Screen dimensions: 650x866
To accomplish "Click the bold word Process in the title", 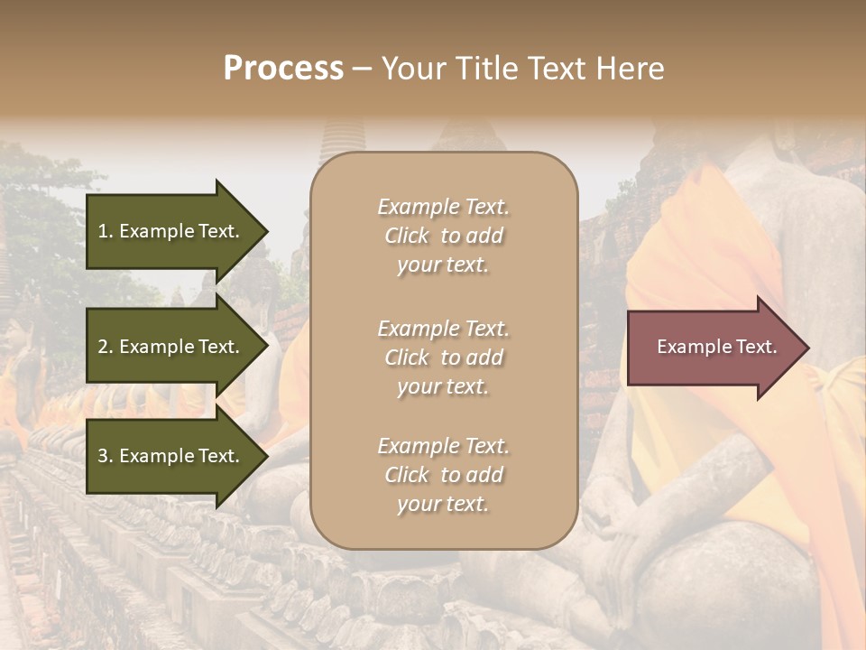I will (x=283, y=69).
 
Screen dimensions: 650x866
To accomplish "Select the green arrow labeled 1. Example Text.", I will (x=171, y=231).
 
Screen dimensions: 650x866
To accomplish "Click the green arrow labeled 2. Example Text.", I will (x=171, y=347).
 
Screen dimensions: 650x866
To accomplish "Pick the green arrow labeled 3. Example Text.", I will (x=171, y=456).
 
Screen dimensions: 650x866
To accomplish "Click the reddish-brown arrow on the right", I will (x=713, y=348).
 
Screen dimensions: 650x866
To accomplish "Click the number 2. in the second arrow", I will (x=106, y=347).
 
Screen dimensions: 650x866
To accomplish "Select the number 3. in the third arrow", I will (x=106, y=456).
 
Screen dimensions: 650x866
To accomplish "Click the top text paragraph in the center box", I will (x=443, y=236).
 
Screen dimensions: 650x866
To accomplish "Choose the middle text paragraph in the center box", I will (x=443, y=357).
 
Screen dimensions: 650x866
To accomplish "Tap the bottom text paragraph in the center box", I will (x=443, y=475).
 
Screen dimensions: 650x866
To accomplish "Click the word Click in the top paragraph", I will (x=407, y=236).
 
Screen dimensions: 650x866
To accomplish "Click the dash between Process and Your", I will (x=362, y=70).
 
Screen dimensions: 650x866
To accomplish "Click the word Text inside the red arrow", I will (x=756, y=347).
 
